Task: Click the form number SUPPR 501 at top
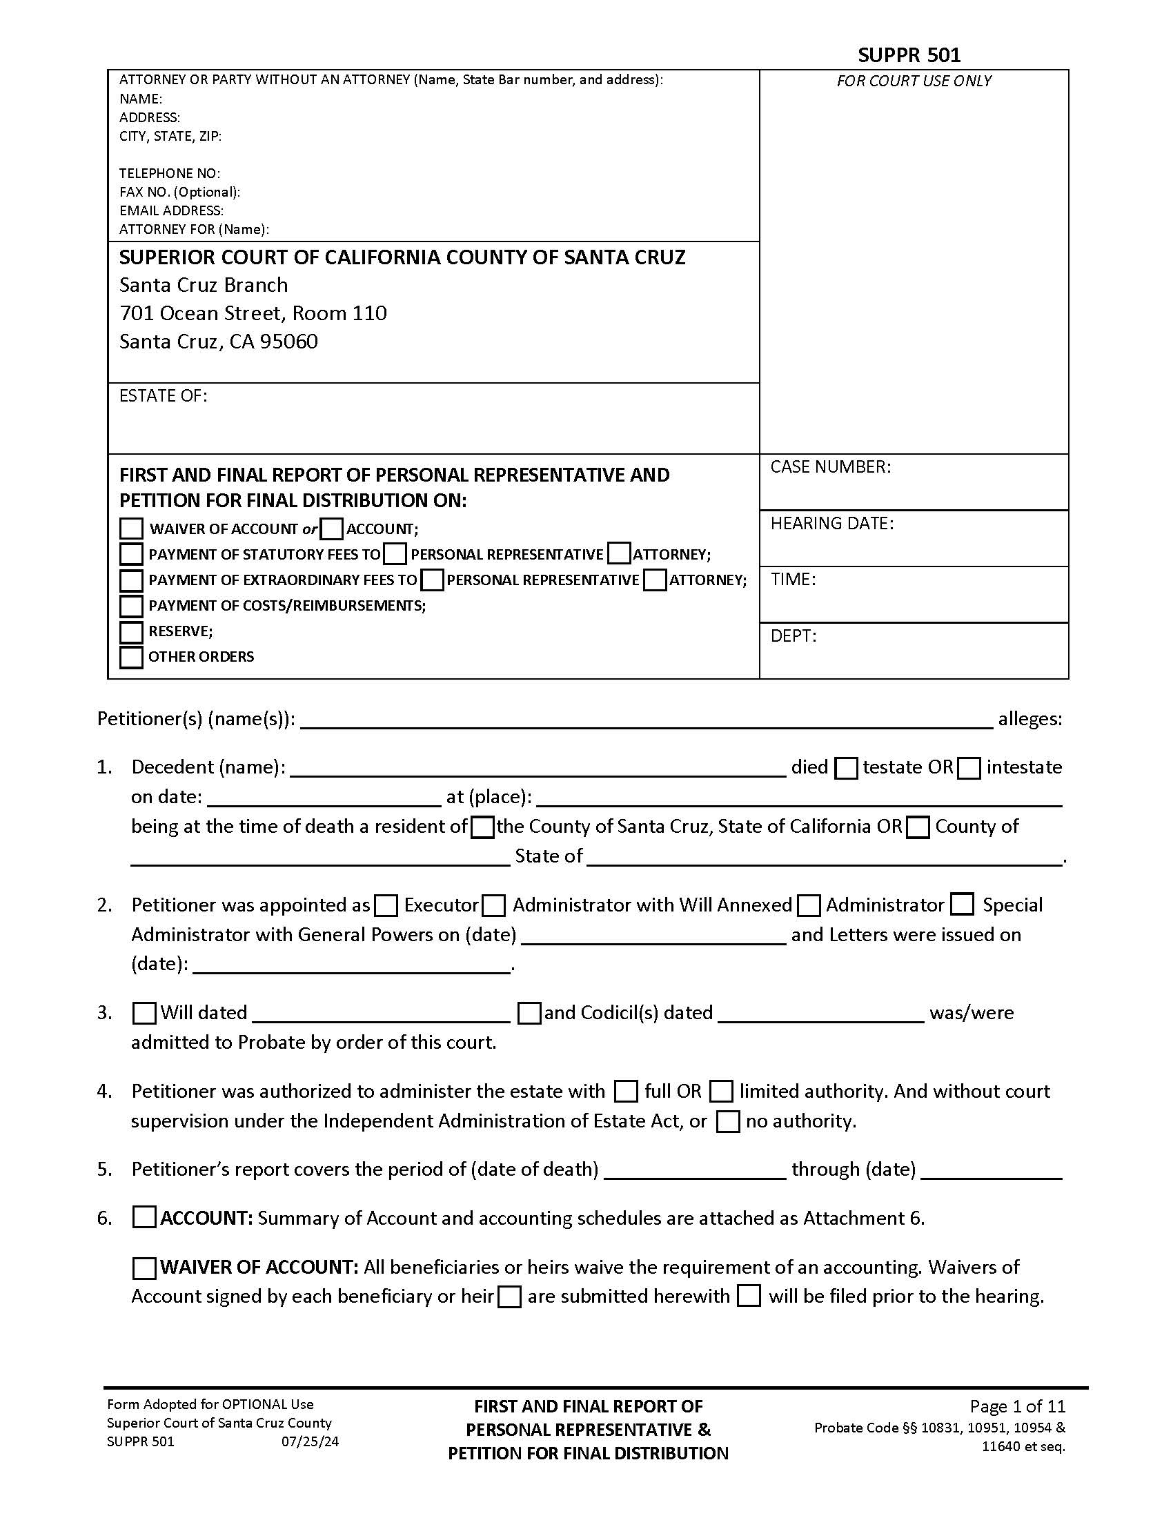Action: click(909, 55)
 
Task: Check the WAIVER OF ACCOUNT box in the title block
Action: click(131, 529)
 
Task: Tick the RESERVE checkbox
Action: click(131, 632)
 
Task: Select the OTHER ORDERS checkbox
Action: click(131, 657)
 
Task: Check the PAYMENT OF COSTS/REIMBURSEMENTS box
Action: click(131, 606)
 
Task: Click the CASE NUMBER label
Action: click(830, 467)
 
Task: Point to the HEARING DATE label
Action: click(832, 524)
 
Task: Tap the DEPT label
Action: click(793, 636)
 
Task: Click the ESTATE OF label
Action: click(164, 396)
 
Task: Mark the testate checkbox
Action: click(846, 768)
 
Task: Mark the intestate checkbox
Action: click(969, 768)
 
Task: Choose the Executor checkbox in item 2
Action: click(386, 906)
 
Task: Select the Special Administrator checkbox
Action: click(963, 905)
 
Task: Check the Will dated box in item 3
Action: click(144, 1014)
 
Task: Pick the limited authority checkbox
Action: click(721, 1092)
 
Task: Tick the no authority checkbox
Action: click(727, 1122)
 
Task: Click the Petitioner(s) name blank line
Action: click(647, 720)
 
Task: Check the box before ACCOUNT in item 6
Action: click(144, 1218)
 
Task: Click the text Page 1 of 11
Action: click(1017, 1407)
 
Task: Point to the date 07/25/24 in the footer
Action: click(310, 1441)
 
